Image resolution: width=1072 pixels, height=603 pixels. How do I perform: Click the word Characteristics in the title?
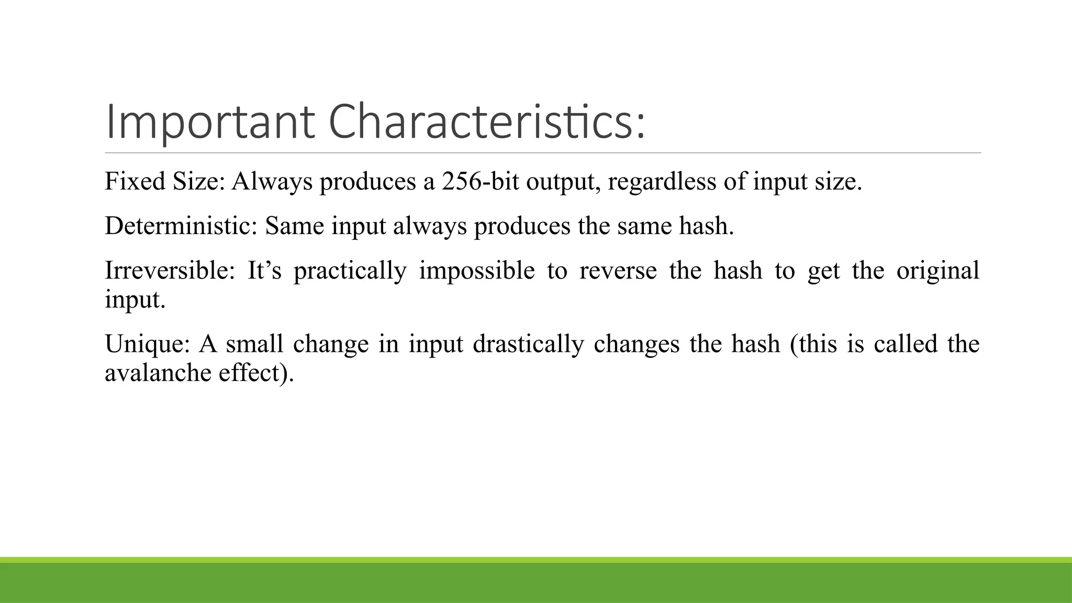pyautogui.click(x=487, y=123)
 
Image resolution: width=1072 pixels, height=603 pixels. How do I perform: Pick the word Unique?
pyautogui.click(x=146, y=344)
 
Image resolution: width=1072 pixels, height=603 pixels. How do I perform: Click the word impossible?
pyautogui.click(x=477, y=271)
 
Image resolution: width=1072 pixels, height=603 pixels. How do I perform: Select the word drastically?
pyautogui.click(x=528, y=344)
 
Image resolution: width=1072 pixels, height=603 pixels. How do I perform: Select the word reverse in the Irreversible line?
pyautogui.click(x=618, y=271)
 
